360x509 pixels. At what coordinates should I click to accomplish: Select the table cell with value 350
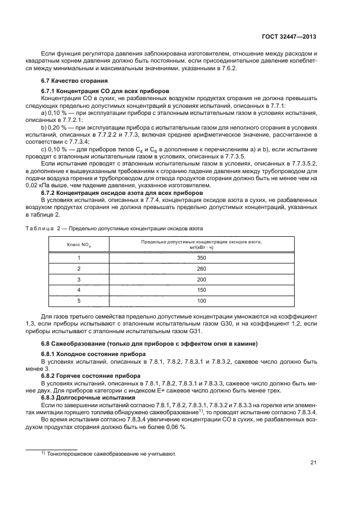[x=202, y=257]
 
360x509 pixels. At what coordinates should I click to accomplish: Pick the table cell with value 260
[x=202, y=268]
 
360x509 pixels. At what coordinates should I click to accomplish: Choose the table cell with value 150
[x=202, y=290]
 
